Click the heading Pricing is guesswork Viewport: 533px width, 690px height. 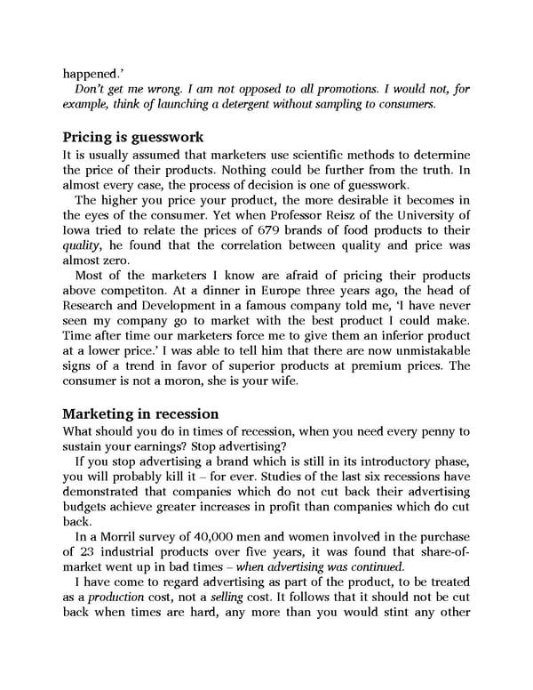tap(133, 138)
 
